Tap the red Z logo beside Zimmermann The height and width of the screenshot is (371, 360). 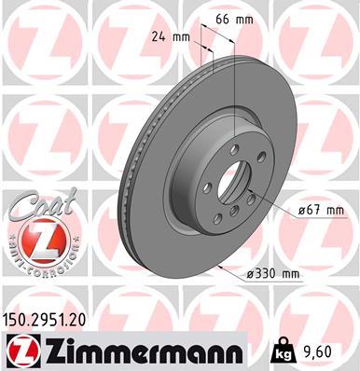point(20,350)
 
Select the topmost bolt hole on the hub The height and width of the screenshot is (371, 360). point(231,141)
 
